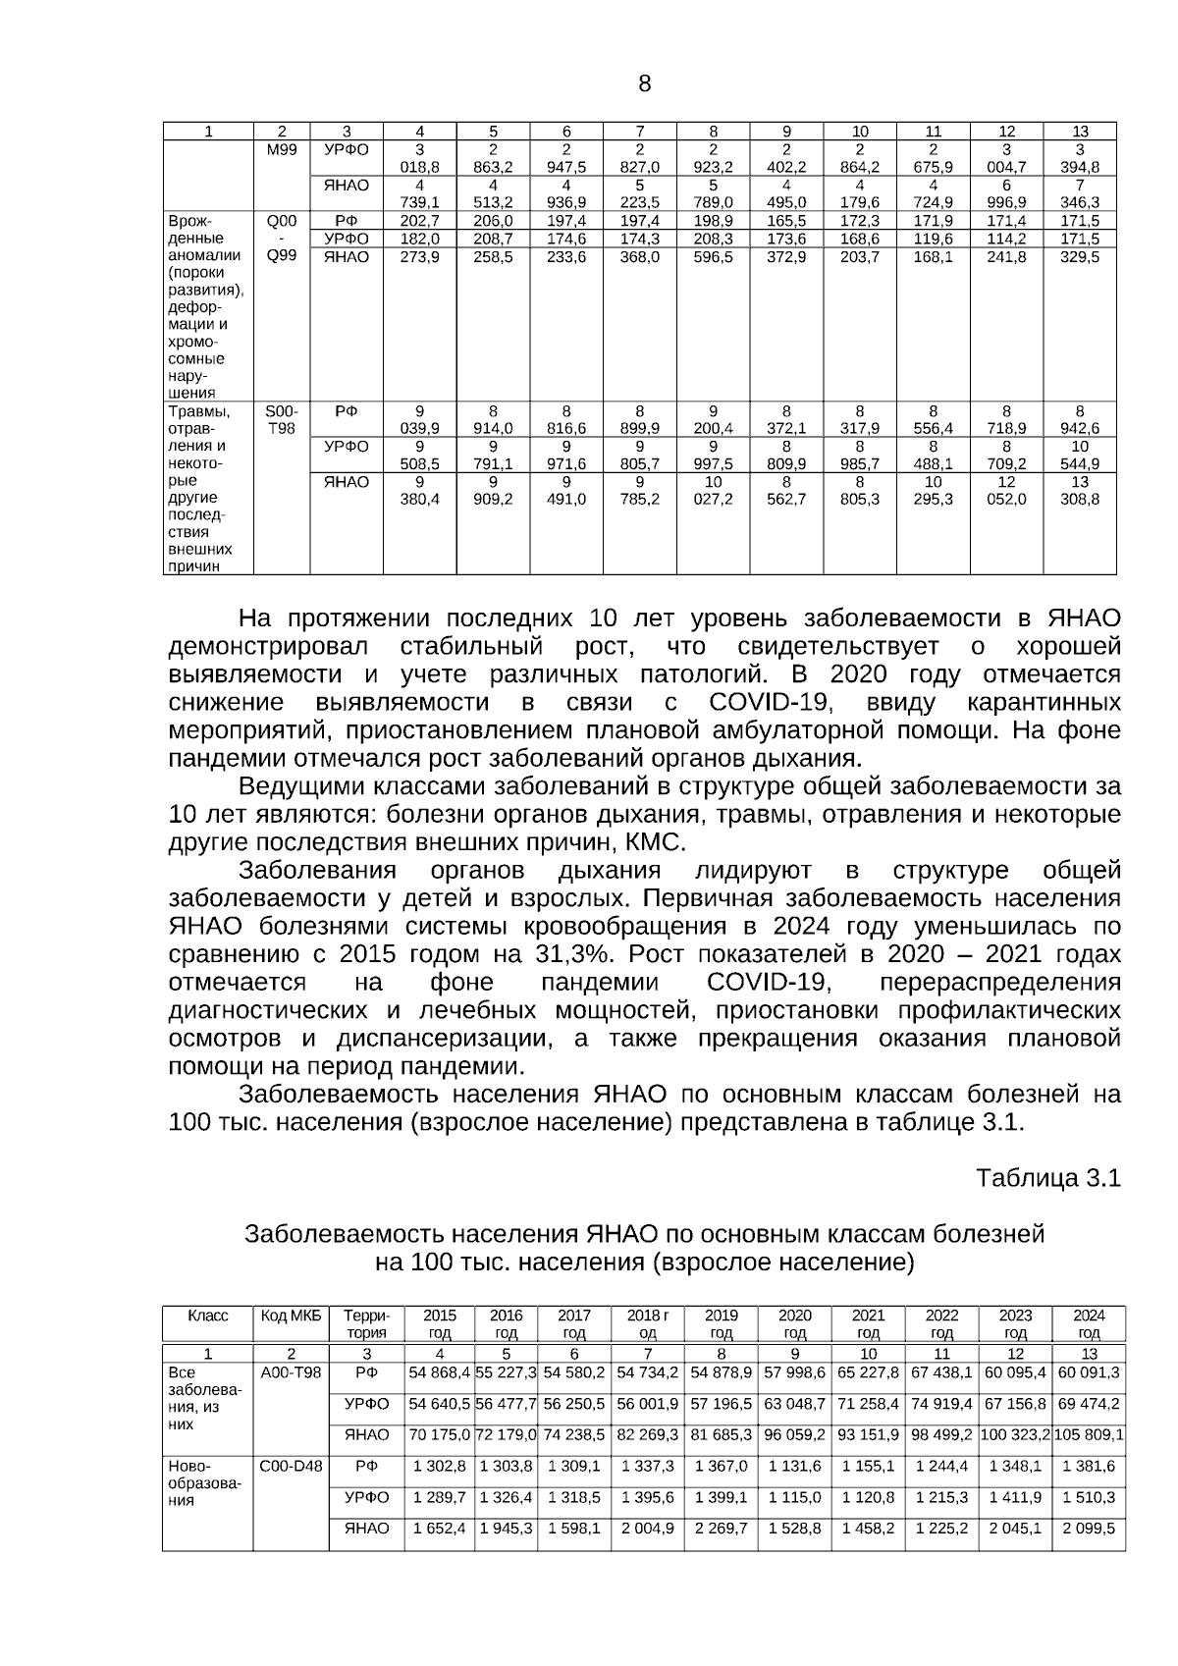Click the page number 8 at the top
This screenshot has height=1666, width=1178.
(644, 83)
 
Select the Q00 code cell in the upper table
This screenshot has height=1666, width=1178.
(281, 221)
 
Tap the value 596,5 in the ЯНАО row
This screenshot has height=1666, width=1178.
(714, 256)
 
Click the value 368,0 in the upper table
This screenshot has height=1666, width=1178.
(640, 256)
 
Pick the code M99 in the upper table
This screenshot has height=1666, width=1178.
(281, 149)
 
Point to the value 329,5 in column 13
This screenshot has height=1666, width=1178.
(1080, 256)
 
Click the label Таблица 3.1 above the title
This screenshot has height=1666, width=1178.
(1047, 1178)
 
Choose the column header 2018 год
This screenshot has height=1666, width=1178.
(647, 1323)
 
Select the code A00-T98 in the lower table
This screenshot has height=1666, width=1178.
(291, 1371)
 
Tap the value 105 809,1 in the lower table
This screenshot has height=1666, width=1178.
(1089, 1434)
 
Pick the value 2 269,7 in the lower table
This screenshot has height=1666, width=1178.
(721, 1529)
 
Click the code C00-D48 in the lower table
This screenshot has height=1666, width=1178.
(291, 1466)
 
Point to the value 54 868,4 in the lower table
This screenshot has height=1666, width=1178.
(439, 1371)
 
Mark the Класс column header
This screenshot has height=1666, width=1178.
(207, 1316)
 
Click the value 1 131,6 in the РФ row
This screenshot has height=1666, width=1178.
(794, 1466)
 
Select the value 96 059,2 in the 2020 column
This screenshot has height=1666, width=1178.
(794, 1434)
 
